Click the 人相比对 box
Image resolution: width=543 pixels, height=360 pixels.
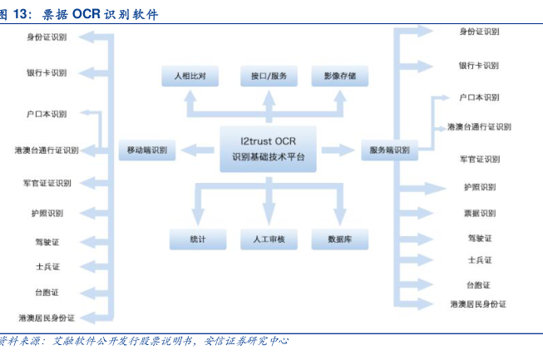click(189, 76)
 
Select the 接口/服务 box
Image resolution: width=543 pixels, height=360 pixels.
click(268, 76)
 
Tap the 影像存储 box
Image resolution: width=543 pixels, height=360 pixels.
click(339, 76)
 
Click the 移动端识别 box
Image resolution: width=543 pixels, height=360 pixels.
click(146, 150)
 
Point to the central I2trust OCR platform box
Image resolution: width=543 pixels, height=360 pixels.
click(268, 150)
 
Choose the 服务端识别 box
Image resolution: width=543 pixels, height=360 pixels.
click(388, 150)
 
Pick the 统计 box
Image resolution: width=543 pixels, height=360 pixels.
click(197, 239)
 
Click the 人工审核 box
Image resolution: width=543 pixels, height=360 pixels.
click(268, 239)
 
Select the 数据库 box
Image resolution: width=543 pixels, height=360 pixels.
click(339, 239)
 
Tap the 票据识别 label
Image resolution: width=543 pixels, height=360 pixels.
click(479, 213)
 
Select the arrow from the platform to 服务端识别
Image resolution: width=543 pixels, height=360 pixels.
click(337, 150)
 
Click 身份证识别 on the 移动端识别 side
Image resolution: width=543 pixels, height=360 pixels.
click(47, 37)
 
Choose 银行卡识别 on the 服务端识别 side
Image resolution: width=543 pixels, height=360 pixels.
click(479, 65)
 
